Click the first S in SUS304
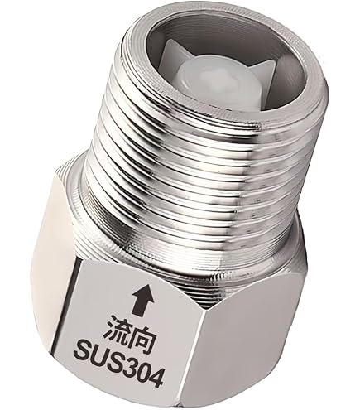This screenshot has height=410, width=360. [84, 350]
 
